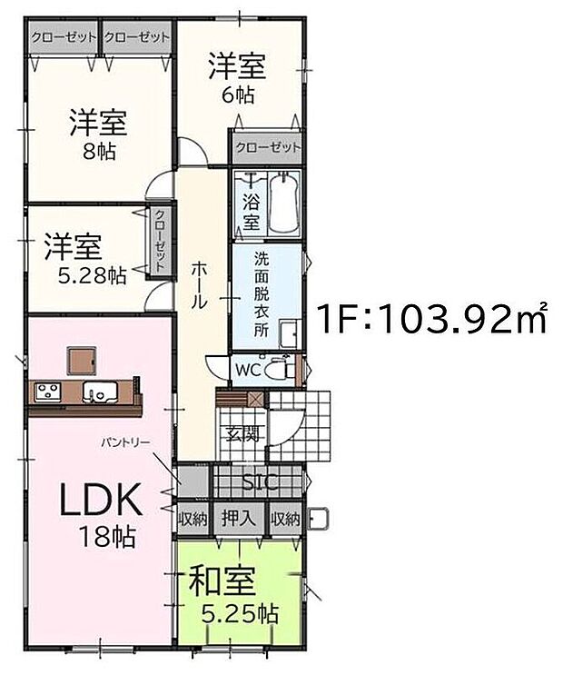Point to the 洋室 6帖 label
pyautogui.click(x=237, y=76)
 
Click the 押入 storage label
pyautogui.click(x=239, y=520)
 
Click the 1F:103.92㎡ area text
pyautogui.click(x=431, y=321)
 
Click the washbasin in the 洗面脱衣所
pyautogui.click(x=288, y=333)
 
